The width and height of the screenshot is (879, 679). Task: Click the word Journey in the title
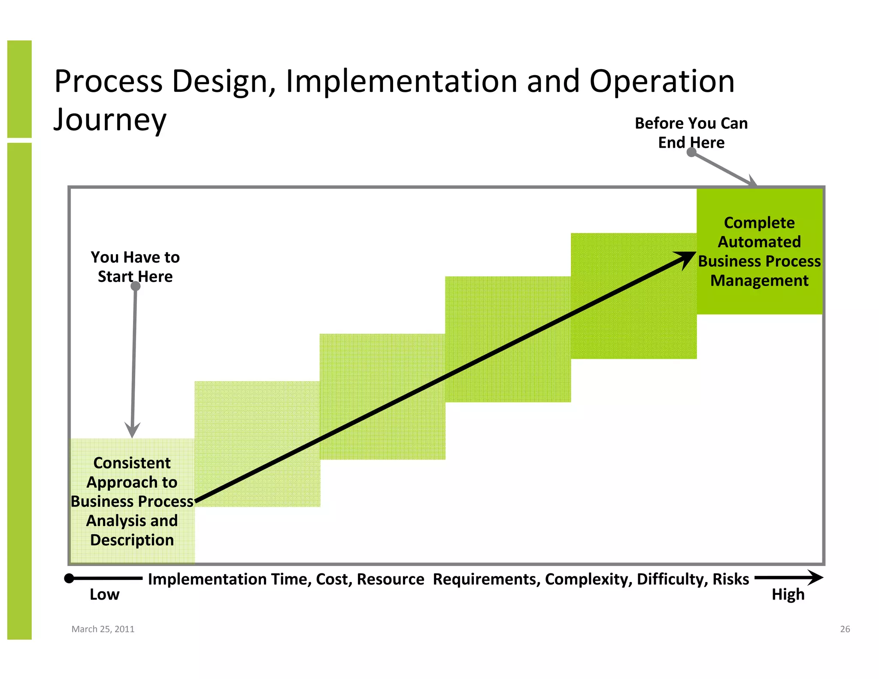pyautogui.click(x=110, y=120)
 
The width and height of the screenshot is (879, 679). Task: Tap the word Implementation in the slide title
pyautogui.click(x=401, y=81)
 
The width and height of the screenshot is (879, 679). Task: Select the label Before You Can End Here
pyautogui.click(x=691, y=133)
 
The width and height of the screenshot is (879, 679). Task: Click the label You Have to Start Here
pyautogui.click(x=135, y=267)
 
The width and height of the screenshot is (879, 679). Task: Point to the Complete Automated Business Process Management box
pyautogui.click(x=759, y=252)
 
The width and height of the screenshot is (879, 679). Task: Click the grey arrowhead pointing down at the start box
pyautogui.click(x=132, y=430)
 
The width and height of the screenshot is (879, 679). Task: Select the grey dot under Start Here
pyautogui.click(x=136, y=286)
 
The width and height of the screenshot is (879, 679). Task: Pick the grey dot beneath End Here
pyautogui.click(x=691, y=152)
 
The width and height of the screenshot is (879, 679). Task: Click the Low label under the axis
pyautogui.click(x=104, y=594)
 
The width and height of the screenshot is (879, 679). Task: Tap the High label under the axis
pyautogui.click(x=788, y=594)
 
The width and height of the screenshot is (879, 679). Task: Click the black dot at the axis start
pyautogui.click(x=69, y=579)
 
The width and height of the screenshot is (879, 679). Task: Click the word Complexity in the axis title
pyautogui.click(x=588, y=579)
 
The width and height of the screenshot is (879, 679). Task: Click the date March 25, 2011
pyautogui.click(x=103, y=629)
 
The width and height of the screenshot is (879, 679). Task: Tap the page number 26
pyautogui.click(x=845, y=629)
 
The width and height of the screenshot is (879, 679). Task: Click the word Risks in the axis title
pyautogui.click(x=730, y=579)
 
